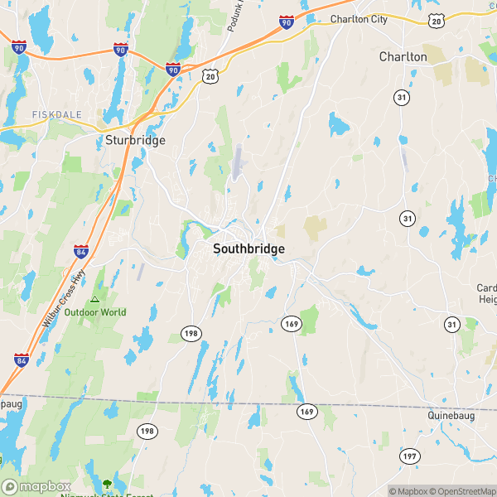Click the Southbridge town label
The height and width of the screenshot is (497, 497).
[x=249, y=248]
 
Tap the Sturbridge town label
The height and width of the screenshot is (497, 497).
[x=135, y=140]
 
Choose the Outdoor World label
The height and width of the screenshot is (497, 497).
[x=95, y=312]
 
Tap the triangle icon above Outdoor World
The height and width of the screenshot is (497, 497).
[x=95, y=300]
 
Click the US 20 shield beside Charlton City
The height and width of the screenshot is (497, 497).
[x=436, y=20]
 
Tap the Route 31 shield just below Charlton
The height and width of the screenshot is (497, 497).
[x=402, y=98]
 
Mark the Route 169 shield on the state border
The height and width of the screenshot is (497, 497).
[x=306, y=411]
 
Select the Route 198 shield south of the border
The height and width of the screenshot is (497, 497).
[x=147, y=432]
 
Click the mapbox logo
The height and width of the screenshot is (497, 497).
[x=35, y=487]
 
